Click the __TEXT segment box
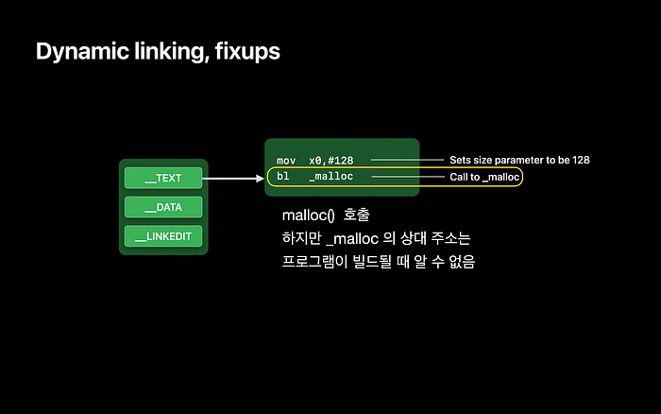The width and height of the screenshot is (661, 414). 163,178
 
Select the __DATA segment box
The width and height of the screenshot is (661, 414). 163,207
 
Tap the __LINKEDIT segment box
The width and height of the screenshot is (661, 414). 163,236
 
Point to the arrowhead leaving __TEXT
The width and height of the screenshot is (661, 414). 260,179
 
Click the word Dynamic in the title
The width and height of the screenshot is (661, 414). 82,52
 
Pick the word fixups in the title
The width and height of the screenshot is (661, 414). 247,51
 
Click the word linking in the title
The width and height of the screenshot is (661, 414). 172,52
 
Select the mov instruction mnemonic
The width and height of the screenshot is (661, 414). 286,161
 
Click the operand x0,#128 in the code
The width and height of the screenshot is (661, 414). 330,161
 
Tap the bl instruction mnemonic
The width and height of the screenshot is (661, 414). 283,176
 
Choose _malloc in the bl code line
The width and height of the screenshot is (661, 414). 330,177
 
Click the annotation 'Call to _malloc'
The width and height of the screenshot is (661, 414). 484,177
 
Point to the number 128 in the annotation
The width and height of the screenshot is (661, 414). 581,160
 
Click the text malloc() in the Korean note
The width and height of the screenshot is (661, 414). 308,216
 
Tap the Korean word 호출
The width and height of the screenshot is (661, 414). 356,215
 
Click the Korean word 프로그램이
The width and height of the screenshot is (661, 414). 314,261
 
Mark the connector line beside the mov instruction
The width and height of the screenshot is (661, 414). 407,160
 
